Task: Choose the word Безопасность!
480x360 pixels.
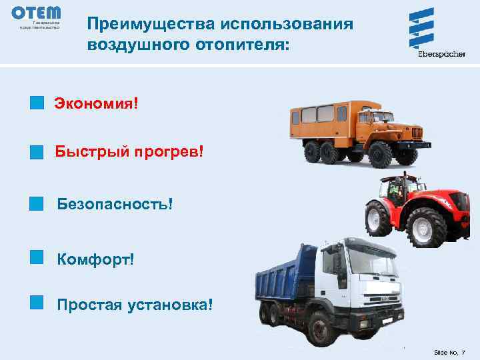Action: [x=119, y=202]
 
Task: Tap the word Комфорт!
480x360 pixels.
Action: [x=95, y=257]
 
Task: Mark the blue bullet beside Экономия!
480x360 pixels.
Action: [x=37, y=103]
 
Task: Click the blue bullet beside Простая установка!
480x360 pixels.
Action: [x=37, y=303]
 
